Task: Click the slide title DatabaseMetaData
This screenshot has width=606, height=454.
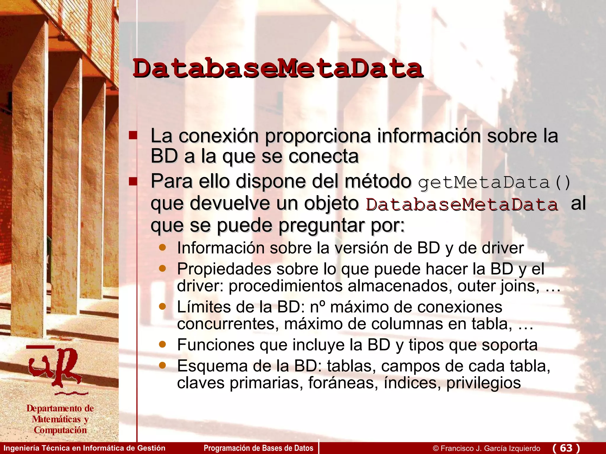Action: tap(278, 69)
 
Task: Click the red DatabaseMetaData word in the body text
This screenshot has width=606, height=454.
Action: tap(462, 205)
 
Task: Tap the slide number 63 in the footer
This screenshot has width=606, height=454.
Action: tap(566, 448)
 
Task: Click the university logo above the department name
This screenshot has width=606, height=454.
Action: tap(56, 369)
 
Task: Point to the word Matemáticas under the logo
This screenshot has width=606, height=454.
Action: tap(56, 419)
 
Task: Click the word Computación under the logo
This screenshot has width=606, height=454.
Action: tap(60, 430)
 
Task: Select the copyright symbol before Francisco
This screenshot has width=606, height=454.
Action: tap(436, 448)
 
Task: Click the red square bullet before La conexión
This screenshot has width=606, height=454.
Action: tap(133, 135)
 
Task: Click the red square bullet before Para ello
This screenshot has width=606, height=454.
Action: tap(133, 181)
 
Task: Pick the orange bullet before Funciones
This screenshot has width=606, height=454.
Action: tap(162, 344)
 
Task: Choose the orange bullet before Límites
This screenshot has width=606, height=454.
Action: tap(162, 306)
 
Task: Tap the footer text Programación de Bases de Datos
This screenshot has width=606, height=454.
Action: tap(258, 448)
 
